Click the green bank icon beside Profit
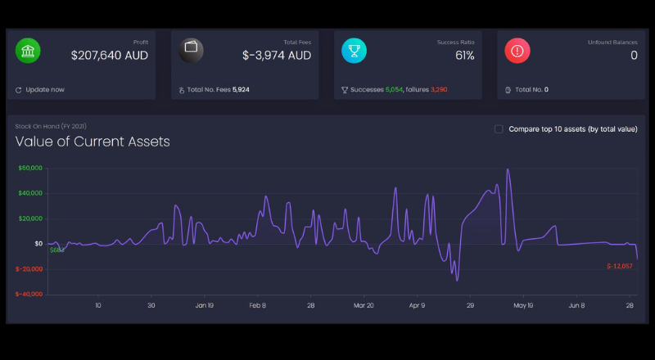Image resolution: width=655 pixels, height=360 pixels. point(28,51)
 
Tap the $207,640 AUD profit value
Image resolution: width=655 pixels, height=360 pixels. point(110,56)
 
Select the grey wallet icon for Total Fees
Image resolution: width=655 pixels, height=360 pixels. point(192,51)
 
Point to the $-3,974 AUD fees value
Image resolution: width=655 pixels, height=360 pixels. point(277,56)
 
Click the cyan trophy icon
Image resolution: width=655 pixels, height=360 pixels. point(355,51)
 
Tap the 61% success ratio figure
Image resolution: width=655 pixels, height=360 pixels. point(465,56)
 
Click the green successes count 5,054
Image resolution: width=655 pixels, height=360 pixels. point(395,90)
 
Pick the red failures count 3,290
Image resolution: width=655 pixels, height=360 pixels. point(439,90)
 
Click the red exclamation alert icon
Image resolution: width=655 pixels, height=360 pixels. point(517,51)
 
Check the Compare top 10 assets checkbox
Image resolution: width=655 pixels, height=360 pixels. point(499,129)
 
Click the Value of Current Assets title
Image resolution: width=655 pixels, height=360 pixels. point(93,142)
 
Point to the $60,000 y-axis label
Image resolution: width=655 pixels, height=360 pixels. point(30,169)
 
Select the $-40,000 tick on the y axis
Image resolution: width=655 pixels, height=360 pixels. point(29,294)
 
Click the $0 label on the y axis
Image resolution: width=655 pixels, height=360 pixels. point(38,244)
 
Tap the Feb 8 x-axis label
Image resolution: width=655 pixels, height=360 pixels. point(257,306)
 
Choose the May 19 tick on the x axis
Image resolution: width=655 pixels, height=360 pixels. point(523,306)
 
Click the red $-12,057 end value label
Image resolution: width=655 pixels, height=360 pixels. point(620,267)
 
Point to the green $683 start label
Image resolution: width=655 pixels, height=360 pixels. point(56,250)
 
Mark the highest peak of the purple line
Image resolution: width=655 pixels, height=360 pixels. point(508,169)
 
